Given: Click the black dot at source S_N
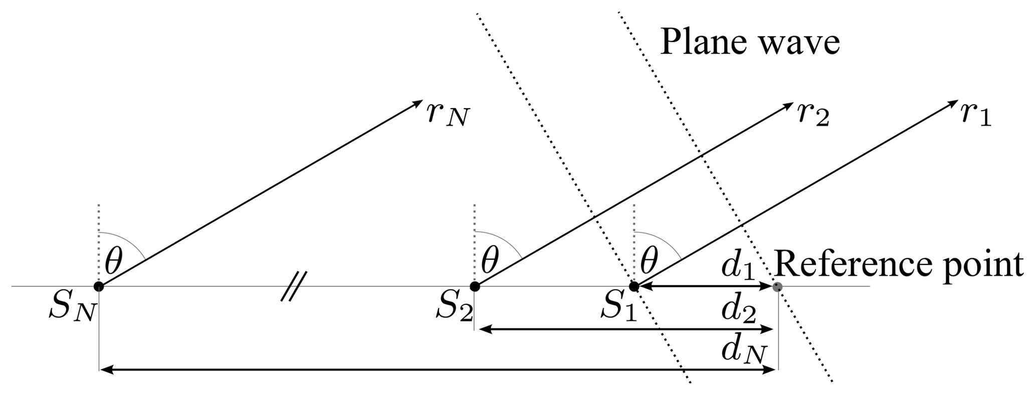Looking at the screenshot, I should (99, 286).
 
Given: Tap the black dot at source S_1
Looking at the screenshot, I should (634, 286).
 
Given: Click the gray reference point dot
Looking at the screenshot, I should (778, 287).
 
